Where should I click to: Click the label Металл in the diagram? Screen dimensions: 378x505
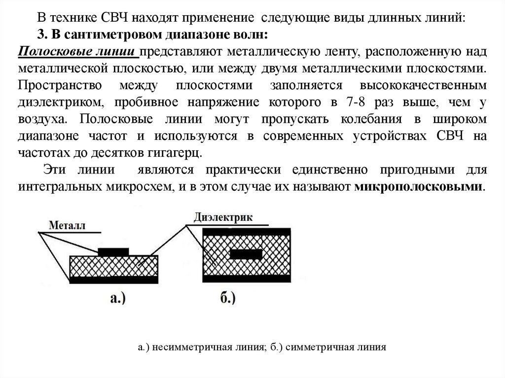click(x=67, y=226)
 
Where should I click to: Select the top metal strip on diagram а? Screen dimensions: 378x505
click(x=113, y=252)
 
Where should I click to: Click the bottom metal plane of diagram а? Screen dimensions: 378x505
click(x=113, y=280)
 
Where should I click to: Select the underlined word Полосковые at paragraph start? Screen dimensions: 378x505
click(x=47, y=51)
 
